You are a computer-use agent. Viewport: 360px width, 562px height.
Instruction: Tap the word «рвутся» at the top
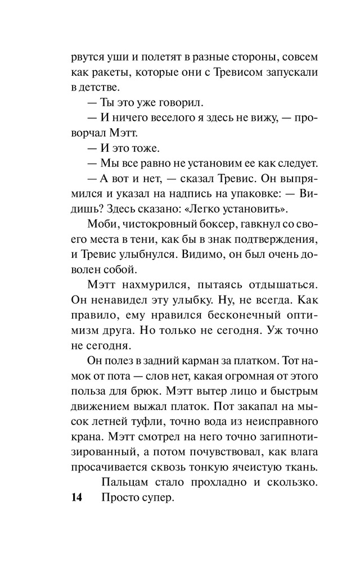85,58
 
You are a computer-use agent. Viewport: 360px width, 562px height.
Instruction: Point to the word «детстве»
98,88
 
